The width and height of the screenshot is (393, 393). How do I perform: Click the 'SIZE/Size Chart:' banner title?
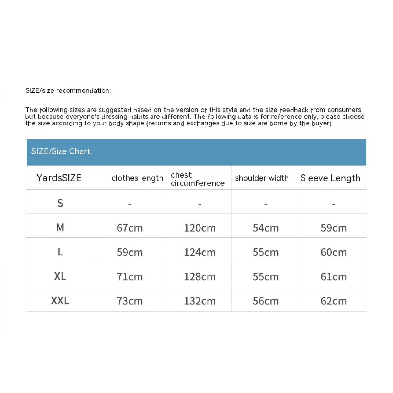(62, 151)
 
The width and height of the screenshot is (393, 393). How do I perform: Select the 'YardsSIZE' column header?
(59, 178)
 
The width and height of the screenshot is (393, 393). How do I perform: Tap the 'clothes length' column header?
(137, 178)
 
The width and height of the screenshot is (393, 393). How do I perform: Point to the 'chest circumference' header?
(198, 179)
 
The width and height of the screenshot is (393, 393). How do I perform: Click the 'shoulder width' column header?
(262, 178)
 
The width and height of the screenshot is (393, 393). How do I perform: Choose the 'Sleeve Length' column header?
(330, 178)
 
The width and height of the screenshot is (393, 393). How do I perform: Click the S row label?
(60, 203)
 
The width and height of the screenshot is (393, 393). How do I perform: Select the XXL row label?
(60, 301)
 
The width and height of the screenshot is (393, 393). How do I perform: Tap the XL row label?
(60, 276)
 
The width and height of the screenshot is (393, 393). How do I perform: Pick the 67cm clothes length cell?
(130, 228)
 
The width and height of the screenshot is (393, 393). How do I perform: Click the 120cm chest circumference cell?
(200, 228)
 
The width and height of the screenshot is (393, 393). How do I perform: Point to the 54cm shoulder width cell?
(266, 228)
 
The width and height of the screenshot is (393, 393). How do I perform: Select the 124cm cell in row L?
(200, 252)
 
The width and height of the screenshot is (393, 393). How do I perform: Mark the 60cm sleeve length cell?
(334, 252)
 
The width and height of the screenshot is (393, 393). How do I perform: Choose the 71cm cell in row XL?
(130, 277)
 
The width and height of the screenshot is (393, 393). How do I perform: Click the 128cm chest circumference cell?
(200, 277)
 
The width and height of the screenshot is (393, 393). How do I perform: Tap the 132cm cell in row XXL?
(200, 301)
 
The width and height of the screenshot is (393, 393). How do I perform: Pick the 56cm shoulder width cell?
(266, 301)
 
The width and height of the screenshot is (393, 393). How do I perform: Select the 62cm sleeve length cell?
(334, 301)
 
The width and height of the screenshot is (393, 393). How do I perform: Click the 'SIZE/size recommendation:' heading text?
(68, 91)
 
